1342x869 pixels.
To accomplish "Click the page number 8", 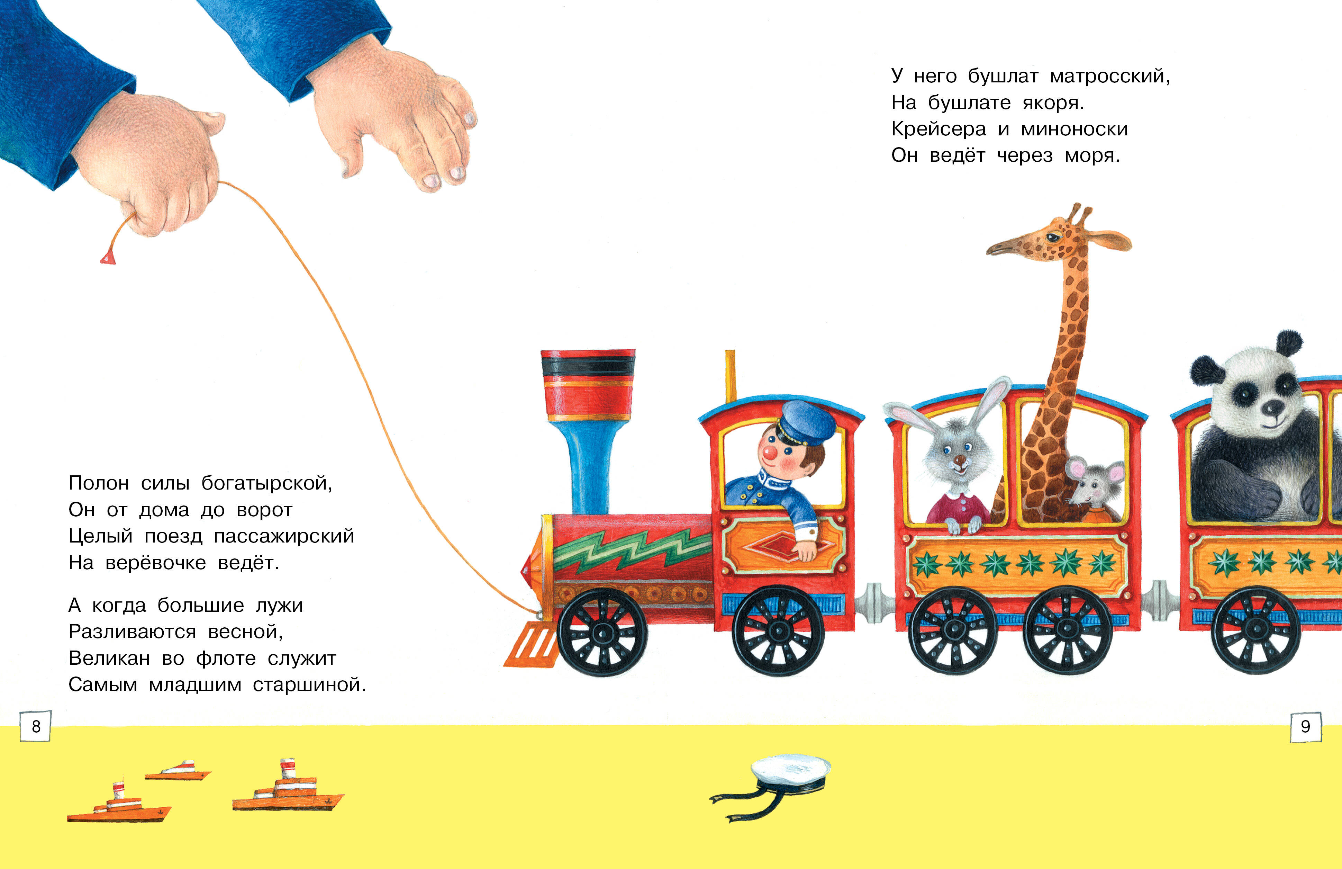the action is coord(36,726).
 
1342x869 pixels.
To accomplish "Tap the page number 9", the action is coord(1305,726).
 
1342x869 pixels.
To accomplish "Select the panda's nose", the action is coord(1273,407).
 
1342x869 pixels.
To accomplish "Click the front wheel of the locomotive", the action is coord(602,632).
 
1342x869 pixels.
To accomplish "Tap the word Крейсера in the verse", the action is coord(938,129).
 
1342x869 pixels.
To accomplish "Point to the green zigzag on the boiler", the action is coord(632,547).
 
